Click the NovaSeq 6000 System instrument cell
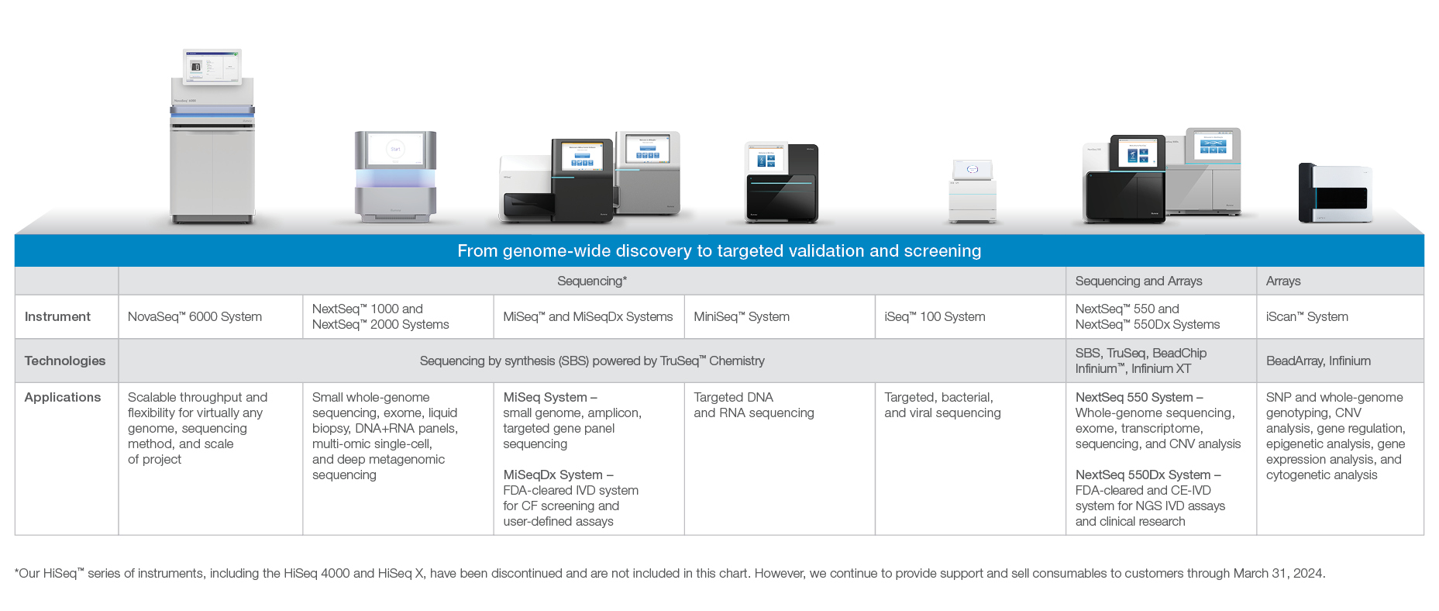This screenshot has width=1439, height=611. (x=195, y=316)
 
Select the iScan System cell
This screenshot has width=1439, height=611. (x=1306, y=316)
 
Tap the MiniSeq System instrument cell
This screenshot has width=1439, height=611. (x=742, y=316)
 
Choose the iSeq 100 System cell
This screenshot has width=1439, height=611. (x=935, y=316)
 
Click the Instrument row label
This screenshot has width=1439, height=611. (x=57, y=316)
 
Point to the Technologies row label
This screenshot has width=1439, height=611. (x=65, y=361)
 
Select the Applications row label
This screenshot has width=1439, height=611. (x=63, y=397)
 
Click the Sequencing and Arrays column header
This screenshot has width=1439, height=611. (x=1138, y=281)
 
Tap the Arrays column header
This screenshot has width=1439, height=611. (x=1283, y=281)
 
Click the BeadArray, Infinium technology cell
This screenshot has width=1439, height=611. (x=1318, y=361)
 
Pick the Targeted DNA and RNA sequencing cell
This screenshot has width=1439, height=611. (x=753, y=405)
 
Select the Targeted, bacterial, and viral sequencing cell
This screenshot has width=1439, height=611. (x=942, y=405)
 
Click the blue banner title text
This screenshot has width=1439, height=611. (x=719, y=250)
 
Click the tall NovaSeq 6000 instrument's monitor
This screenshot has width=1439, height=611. (x=212, y=67)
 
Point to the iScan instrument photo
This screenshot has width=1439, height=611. (x=1335, y=193)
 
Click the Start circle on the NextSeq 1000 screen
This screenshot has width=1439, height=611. (x=395, y=149)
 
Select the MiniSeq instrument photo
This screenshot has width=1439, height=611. (x=781, y=182)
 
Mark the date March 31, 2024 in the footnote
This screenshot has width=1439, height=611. (x=1279, y=573)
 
